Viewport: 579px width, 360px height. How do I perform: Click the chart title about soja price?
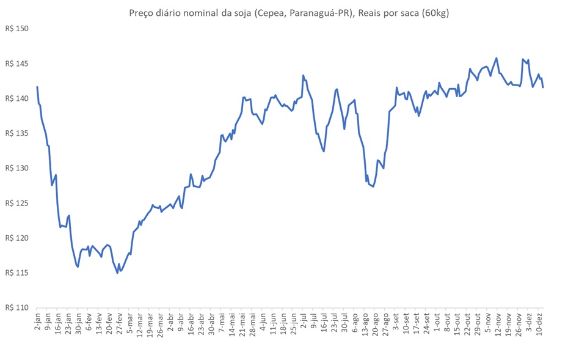[x=289, y=13]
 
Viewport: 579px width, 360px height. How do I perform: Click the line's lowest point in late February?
[x=117, y=273]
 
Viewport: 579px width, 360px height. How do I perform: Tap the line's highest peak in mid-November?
[x=496, y=59]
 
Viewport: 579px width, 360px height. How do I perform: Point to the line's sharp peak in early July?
[x=304, y=76]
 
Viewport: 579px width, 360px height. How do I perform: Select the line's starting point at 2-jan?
[x=37, y=87]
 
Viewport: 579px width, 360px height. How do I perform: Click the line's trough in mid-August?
[x=373, y=186]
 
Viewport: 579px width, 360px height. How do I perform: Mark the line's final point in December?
[x=543, y=87]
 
